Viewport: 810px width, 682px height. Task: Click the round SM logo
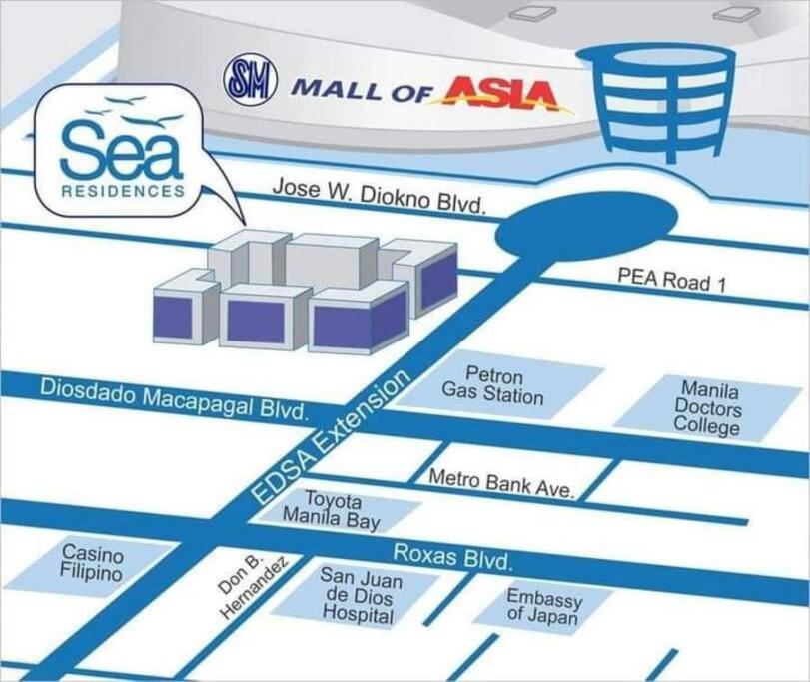[x=251, y=79]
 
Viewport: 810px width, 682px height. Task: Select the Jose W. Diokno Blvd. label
[x=380, y=195]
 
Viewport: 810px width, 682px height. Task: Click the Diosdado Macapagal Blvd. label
[x=174, y=399]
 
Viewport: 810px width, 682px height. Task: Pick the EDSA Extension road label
[x=330, y=437]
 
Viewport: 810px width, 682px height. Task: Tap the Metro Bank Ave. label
[x=501, y=483]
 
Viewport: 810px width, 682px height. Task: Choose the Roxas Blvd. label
[x=452, y=557]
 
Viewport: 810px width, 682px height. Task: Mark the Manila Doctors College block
[x=708, y=407]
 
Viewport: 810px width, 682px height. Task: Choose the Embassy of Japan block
[x=543, y=606]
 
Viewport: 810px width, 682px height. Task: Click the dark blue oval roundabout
[x=586, y=226]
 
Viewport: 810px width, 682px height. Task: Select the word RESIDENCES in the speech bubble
[x=123, y=191]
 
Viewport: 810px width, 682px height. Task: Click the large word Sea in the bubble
[x=122, y=151]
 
